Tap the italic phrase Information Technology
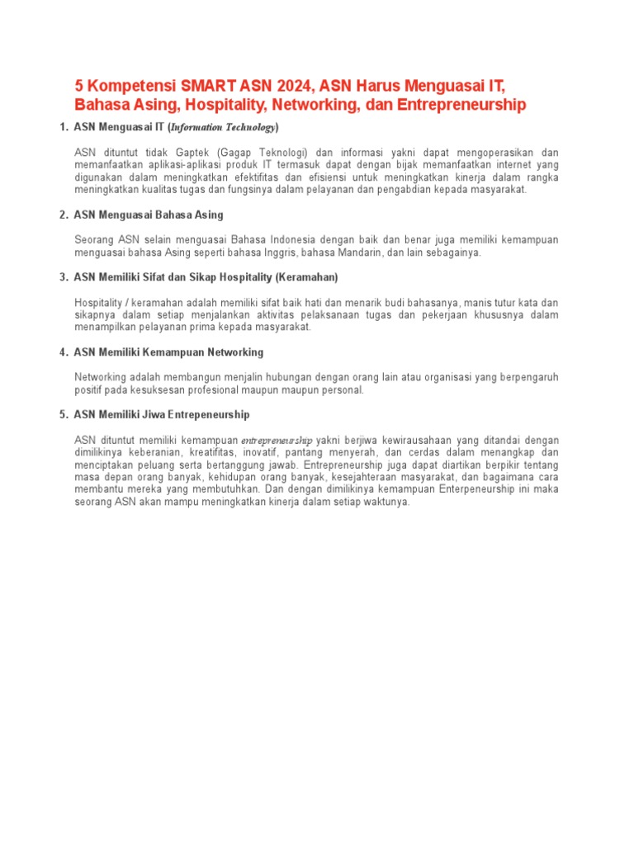click(x=223, y=128)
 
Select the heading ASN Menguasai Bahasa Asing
click(x=149, y=215)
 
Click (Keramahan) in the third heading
click(x=307, y=277)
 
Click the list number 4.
click(x=64, y=352)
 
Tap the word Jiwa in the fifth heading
click(x=169, y=414)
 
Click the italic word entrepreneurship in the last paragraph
click(x=277, y=440)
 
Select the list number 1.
click(x=64, y=127)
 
